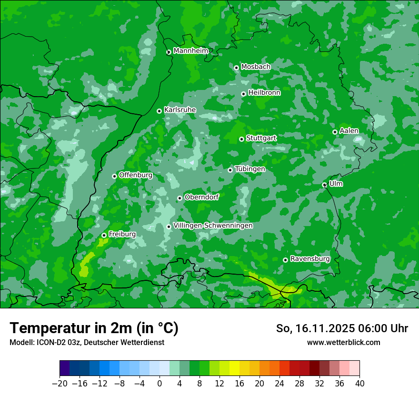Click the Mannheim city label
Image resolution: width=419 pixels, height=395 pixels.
tap(190, 50)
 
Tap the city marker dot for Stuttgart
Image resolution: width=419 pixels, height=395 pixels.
tap(241, 139)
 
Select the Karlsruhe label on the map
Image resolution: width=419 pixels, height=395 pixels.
tap(180, 109)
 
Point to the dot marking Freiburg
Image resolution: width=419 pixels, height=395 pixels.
tap(104, 235)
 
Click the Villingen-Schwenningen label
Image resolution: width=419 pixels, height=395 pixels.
tap(213, 225)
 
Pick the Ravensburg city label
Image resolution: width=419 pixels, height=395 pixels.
tap(310, 258)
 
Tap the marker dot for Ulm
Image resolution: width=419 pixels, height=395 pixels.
tap(324, 185)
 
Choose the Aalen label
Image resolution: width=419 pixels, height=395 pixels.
tap(349, 130)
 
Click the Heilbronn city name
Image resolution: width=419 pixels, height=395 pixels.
tap(264, 92)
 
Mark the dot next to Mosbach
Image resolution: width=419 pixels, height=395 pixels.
tap(236, 68)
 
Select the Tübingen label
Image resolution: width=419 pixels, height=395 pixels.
tap(250, 168)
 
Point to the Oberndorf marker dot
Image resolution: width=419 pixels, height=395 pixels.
tap(180, 198)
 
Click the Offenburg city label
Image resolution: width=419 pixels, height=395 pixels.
tap(136, 175)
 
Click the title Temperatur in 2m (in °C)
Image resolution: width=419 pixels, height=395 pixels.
tap(94, 328)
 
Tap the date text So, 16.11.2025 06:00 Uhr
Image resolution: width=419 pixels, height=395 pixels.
tap(342, 328)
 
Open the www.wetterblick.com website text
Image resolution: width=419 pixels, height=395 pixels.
tap(343, 342)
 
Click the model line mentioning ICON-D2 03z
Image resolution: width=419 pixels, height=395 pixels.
tap(87, 342)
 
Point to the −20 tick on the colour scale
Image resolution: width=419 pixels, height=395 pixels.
tap(60, 384)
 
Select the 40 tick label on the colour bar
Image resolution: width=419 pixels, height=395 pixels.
tap(359, 384)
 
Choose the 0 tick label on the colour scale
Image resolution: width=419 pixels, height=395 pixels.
tap(160, 384)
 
